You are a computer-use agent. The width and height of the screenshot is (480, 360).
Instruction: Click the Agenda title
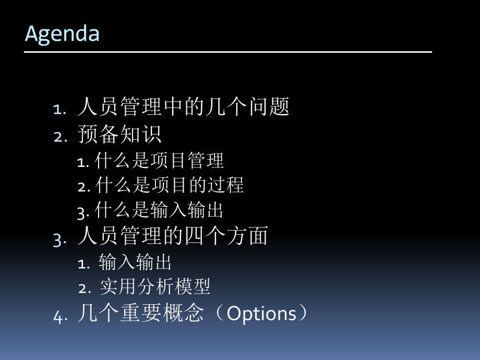pos(62,33)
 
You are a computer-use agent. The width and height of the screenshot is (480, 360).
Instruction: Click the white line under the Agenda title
pos(228,52)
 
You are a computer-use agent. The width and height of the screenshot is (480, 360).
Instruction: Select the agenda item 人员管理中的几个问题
pos(183,107)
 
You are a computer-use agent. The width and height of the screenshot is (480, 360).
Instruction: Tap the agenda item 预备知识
pos(119,134)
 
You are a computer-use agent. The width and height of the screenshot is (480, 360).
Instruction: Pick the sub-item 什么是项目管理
pos(160,161)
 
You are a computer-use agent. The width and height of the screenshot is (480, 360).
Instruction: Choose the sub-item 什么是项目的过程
pos(170,185)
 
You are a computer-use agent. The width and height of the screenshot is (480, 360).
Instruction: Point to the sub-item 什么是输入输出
pos(160,211)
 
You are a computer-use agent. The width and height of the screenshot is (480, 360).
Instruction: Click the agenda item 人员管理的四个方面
pos(173,236)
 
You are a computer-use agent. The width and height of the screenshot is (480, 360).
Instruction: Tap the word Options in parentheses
pos(261,314)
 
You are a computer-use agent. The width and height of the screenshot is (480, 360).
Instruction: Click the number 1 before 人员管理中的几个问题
pos(58,109)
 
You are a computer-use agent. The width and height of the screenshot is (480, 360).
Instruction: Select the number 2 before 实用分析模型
pos(83,287)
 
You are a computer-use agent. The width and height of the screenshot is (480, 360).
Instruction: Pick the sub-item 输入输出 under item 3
pos(135,262)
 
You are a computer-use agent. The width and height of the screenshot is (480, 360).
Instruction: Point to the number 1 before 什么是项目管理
pos(81,162)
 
